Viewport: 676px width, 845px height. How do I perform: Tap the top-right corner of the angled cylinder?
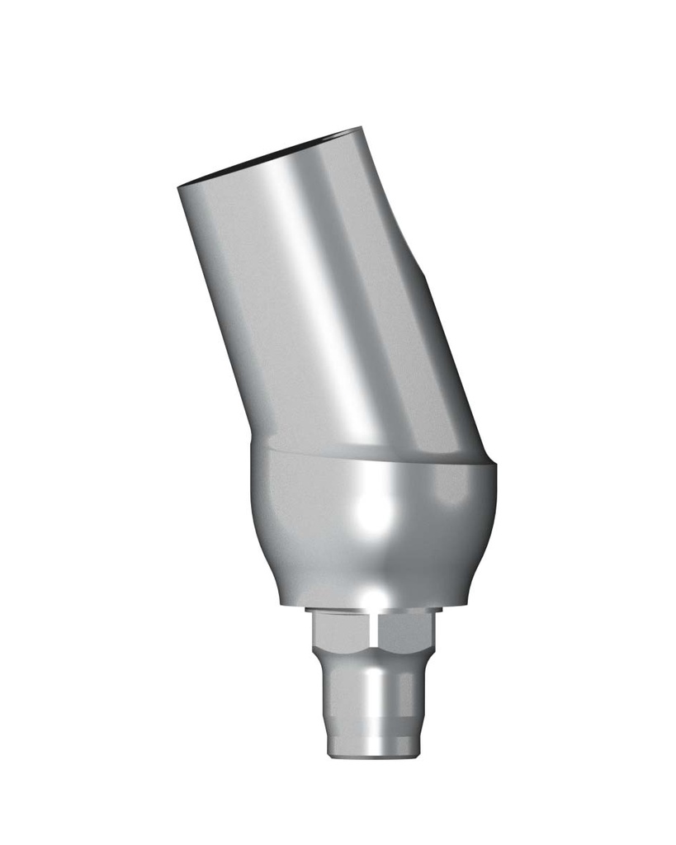coord(361,129)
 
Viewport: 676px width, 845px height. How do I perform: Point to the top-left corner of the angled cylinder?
coord(179,189)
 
